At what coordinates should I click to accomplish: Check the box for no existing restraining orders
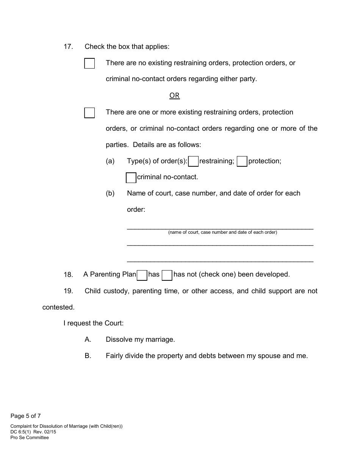click(x=89, y=63)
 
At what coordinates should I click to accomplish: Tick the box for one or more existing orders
click(x=89, y=113)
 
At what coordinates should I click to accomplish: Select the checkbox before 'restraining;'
click(x=193, y=162)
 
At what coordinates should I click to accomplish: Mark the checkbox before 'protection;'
click(x=242, y=162)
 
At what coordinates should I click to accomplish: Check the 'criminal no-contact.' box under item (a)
click(x=131, y=178)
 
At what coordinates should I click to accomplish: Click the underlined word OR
click(x=174, y=95)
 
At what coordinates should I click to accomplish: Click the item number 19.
click(x=68, y=291)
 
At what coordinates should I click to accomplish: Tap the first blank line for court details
click(x=220, y=227)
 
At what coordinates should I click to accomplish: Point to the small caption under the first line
click(x=222, y=233)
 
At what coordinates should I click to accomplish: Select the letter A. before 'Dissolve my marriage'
click(x=88, y=340)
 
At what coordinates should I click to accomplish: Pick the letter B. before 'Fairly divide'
click(x=88, y=356)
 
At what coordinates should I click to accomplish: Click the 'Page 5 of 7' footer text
click(x=26, y=416)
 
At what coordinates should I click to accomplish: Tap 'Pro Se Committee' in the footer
click(x=30, y=438)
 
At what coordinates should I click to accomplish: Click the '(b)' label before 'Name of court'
click(x=110, y=194)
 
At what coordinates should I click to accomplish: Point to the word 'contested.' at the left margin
click(x=58, y=308)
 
